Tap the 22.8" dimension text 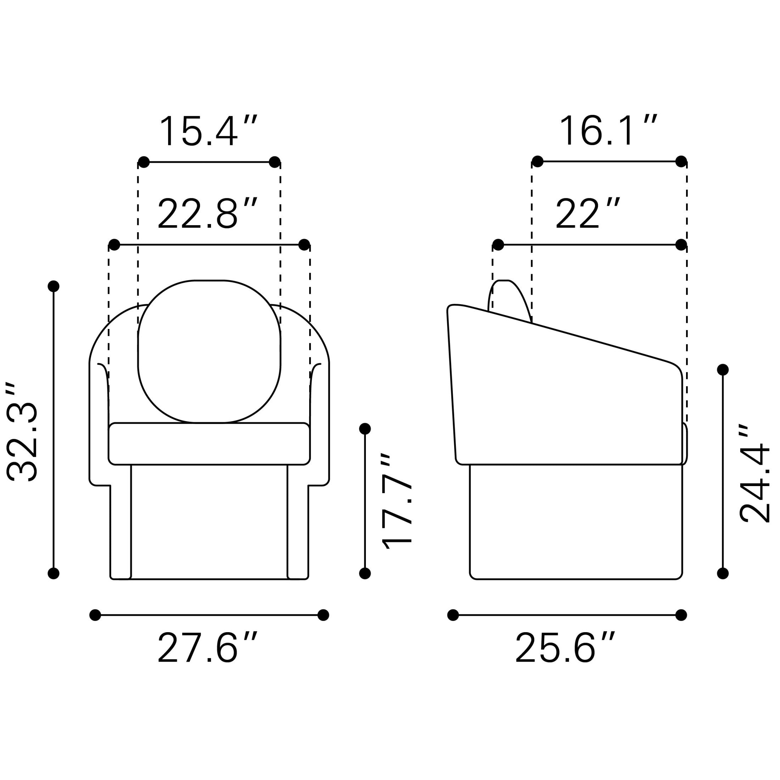207,213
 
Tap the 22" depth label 588,213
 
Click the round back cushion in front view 209,351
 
